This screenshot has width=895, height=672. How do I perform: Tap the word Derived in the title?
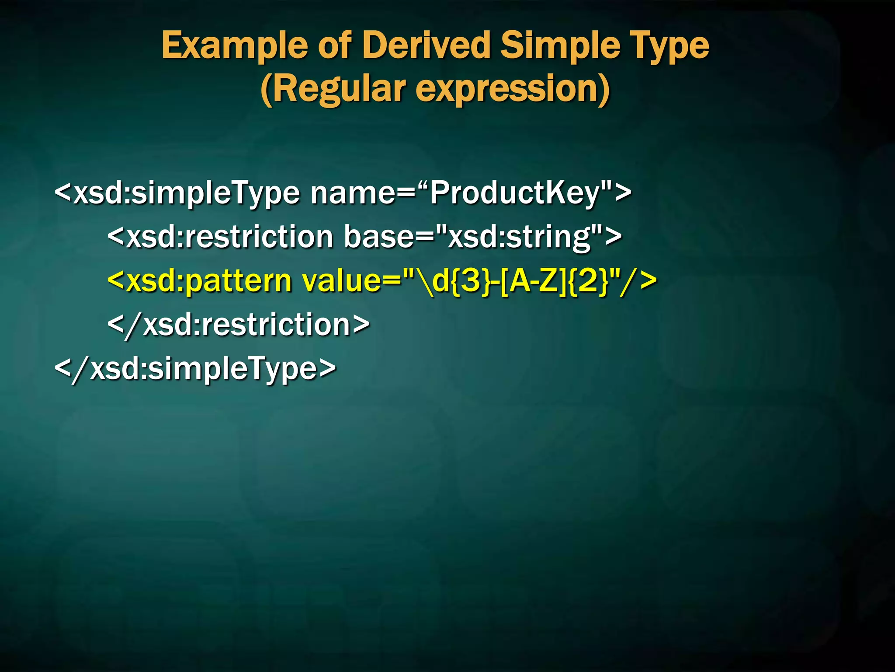[427, 45]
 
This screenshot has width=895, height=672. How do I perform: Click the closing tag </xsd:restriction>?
[239, 325]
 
